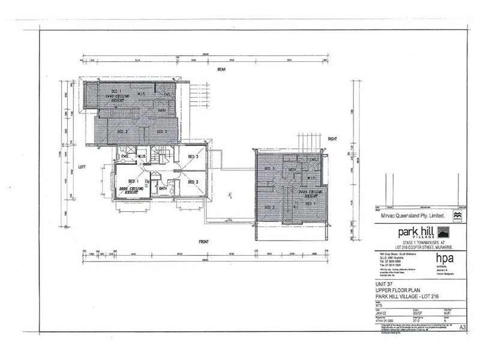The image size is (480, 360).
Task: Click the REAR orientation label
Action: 221,70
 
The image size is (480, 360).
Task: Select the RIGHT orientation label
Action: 333,139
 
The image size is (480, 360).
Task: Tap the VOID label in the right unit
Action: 289,220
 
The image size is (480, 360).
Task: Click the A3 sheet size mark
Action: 463,327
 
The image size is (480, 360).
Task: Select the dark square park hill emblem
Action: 443,232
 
